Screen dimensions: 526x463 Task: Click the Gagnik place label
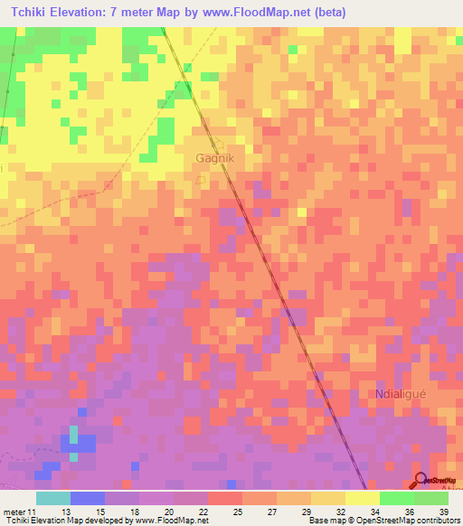(215, 158)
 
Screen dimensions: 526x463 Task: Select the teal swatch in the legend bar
(53, 498)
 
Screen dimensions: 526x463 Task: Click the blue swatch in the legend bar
(88, 498)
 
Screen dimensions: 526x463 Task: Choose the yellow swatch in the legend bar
(363, 498)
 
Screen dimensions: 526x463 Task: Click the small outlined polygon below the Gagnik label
(202, 179)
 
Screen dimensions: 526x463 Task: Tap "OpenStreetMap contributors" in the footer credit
(402, 521)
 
